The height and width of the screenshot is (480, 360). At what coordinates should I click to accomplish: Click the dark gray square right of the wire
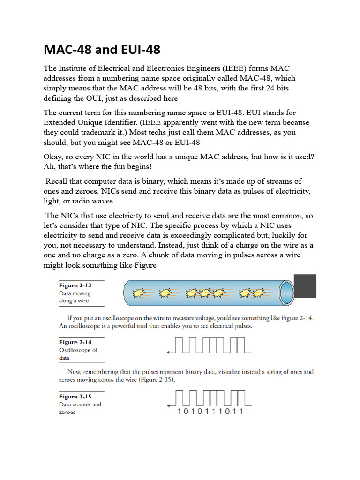pos(304,286)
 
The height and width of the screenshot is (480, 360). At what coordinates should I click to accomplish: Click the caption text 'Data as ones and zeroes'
pos(79,408)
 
